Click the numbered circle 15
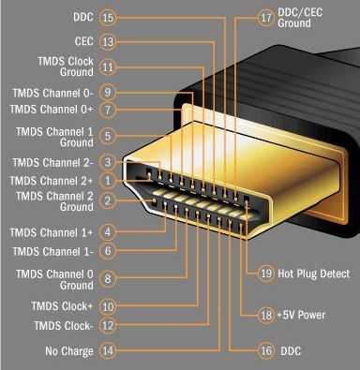pos(108,17)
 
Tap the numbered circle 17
pos(263,16)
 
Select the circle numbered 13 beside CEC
pos(108,41)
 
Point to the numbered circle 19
pos(265,274)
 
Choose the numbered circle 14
pos(108,351)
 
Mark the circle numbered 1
pos(108,179)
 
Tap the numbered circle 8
pos(108,278)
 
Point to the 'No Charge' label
pos(69,351)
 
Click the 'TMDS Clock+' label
pos(62,306)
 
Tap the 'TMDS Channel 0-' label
pos(52,93)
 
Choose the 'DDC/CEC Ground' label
pos(303,16)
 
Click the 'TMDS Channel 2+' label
pos(52,179)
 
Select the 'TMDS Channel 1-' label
pos(52,251)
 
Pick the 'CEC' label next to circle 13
pos(82,41)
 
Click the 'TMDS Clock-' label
pos(63,325)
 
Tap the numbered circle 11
pos(108,67)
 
